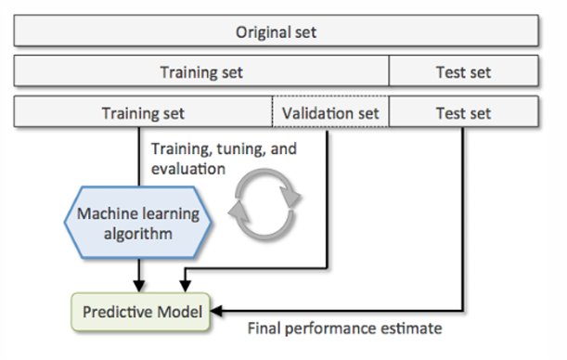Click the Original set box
click(x=276, y=31)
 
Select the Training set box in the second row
click(x=201, y=71)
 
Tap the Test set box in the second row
click(x=464, y=71)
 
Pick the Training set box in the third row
click(x=143, y=111)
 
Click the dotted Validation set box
click(x=330, y=111)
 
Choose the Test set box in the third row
click(x=464, y=111)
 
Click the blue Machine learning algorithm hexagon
click(x=137, y=223)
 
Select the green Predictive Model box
click(x=141, y=312)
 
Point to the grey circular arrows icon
click(x=264, y=204)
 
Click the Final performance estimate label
click(x=344, y=328)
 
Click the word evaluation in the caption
click(x=188, y=169)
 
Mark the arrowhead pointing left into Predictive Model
click(x=216, y=311)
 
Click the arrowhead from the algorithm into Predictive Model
click(x=139, y=286)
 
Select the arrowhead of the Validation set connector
click(x=186, y=286)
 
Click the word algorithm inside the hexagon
click(x=137, y=234)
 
